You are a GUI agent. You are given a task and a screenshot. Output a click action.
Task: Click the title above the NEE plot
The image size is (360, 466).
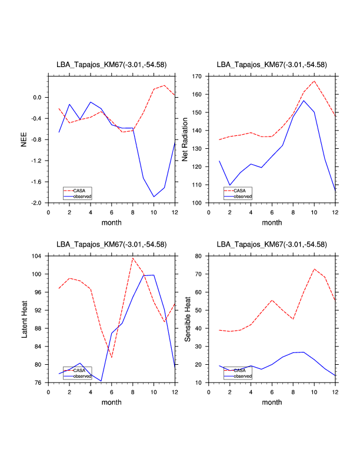click(111, 65)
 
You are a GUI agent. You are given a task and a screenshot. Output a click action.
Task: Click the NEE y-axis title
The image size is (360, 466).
click(24, 139)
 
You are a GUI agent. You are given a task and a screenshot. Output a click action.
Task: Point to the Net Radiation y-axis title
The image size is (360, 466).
click(185, 139)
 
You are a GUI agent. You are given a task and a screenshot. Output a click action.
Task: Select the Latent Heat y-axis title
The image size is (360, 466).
click(24, 319)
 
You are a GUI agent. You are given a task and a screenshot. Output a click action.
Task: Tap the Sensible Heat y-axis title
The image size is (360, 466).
click(188, 319)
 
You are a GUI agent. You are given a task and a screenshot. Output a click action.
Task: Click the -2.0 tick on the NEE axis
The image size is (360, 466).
click(38, 203)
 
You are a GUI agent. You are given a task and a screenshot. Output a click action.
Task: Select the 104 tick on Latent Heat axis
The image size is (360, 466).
click(38, 256)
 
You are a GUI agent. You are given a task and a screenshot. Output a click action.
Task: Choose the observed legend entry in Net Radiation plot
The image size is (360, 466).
click(242, 196)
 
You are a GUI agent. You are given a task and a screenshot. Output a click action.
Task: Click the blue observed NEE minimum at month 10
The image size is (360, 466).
click(154, 197)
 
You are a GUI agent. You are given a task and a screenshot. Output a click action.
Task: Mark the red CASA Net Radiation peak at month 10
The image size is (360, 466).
click(315, 81)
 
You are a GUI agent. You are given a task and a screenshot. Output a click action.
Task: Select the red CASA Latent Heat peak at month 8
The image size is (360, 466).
click(133, 258)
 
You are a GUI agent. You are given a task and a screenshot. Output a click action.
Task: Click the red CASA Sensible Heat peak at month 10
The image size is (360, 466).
click(315, 269)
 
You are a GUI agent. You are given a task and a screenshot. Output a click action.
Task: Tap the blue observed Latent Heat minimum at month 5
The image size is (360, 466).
click(101, 381)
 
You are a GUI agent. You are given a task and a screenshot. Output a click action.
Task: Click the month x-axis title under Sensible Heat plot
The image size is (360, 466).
click(272, 402)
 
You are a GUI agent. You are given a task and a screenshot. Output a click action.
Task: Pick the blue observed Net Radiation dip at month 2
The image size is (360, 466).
click(230, 185)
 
